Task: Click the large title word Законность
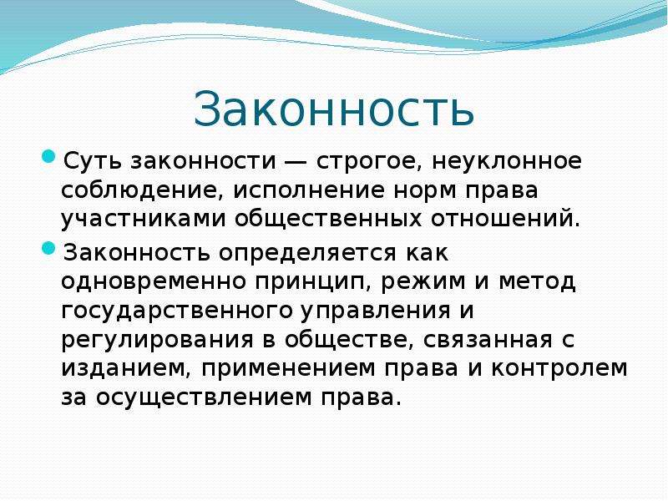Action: [x=333, y=109]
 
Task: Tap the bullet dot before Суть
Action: [x=49, y=156]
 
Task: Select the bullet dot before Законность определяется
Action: [x=49, y=248]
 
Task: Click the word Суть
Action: [x=93, y=162]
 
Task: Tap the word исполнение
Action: [x=309, y=191]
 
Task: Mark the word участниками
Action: [x=143, y=220]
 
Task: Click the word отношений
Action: [x=506, y=219]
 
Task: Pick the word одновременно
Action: [x=154, y=282]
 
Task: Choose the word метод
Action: [x=537, y=282]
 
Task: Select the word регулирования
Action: [x=157, y=341]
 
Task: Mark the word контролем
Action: [x=559, y=369]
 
